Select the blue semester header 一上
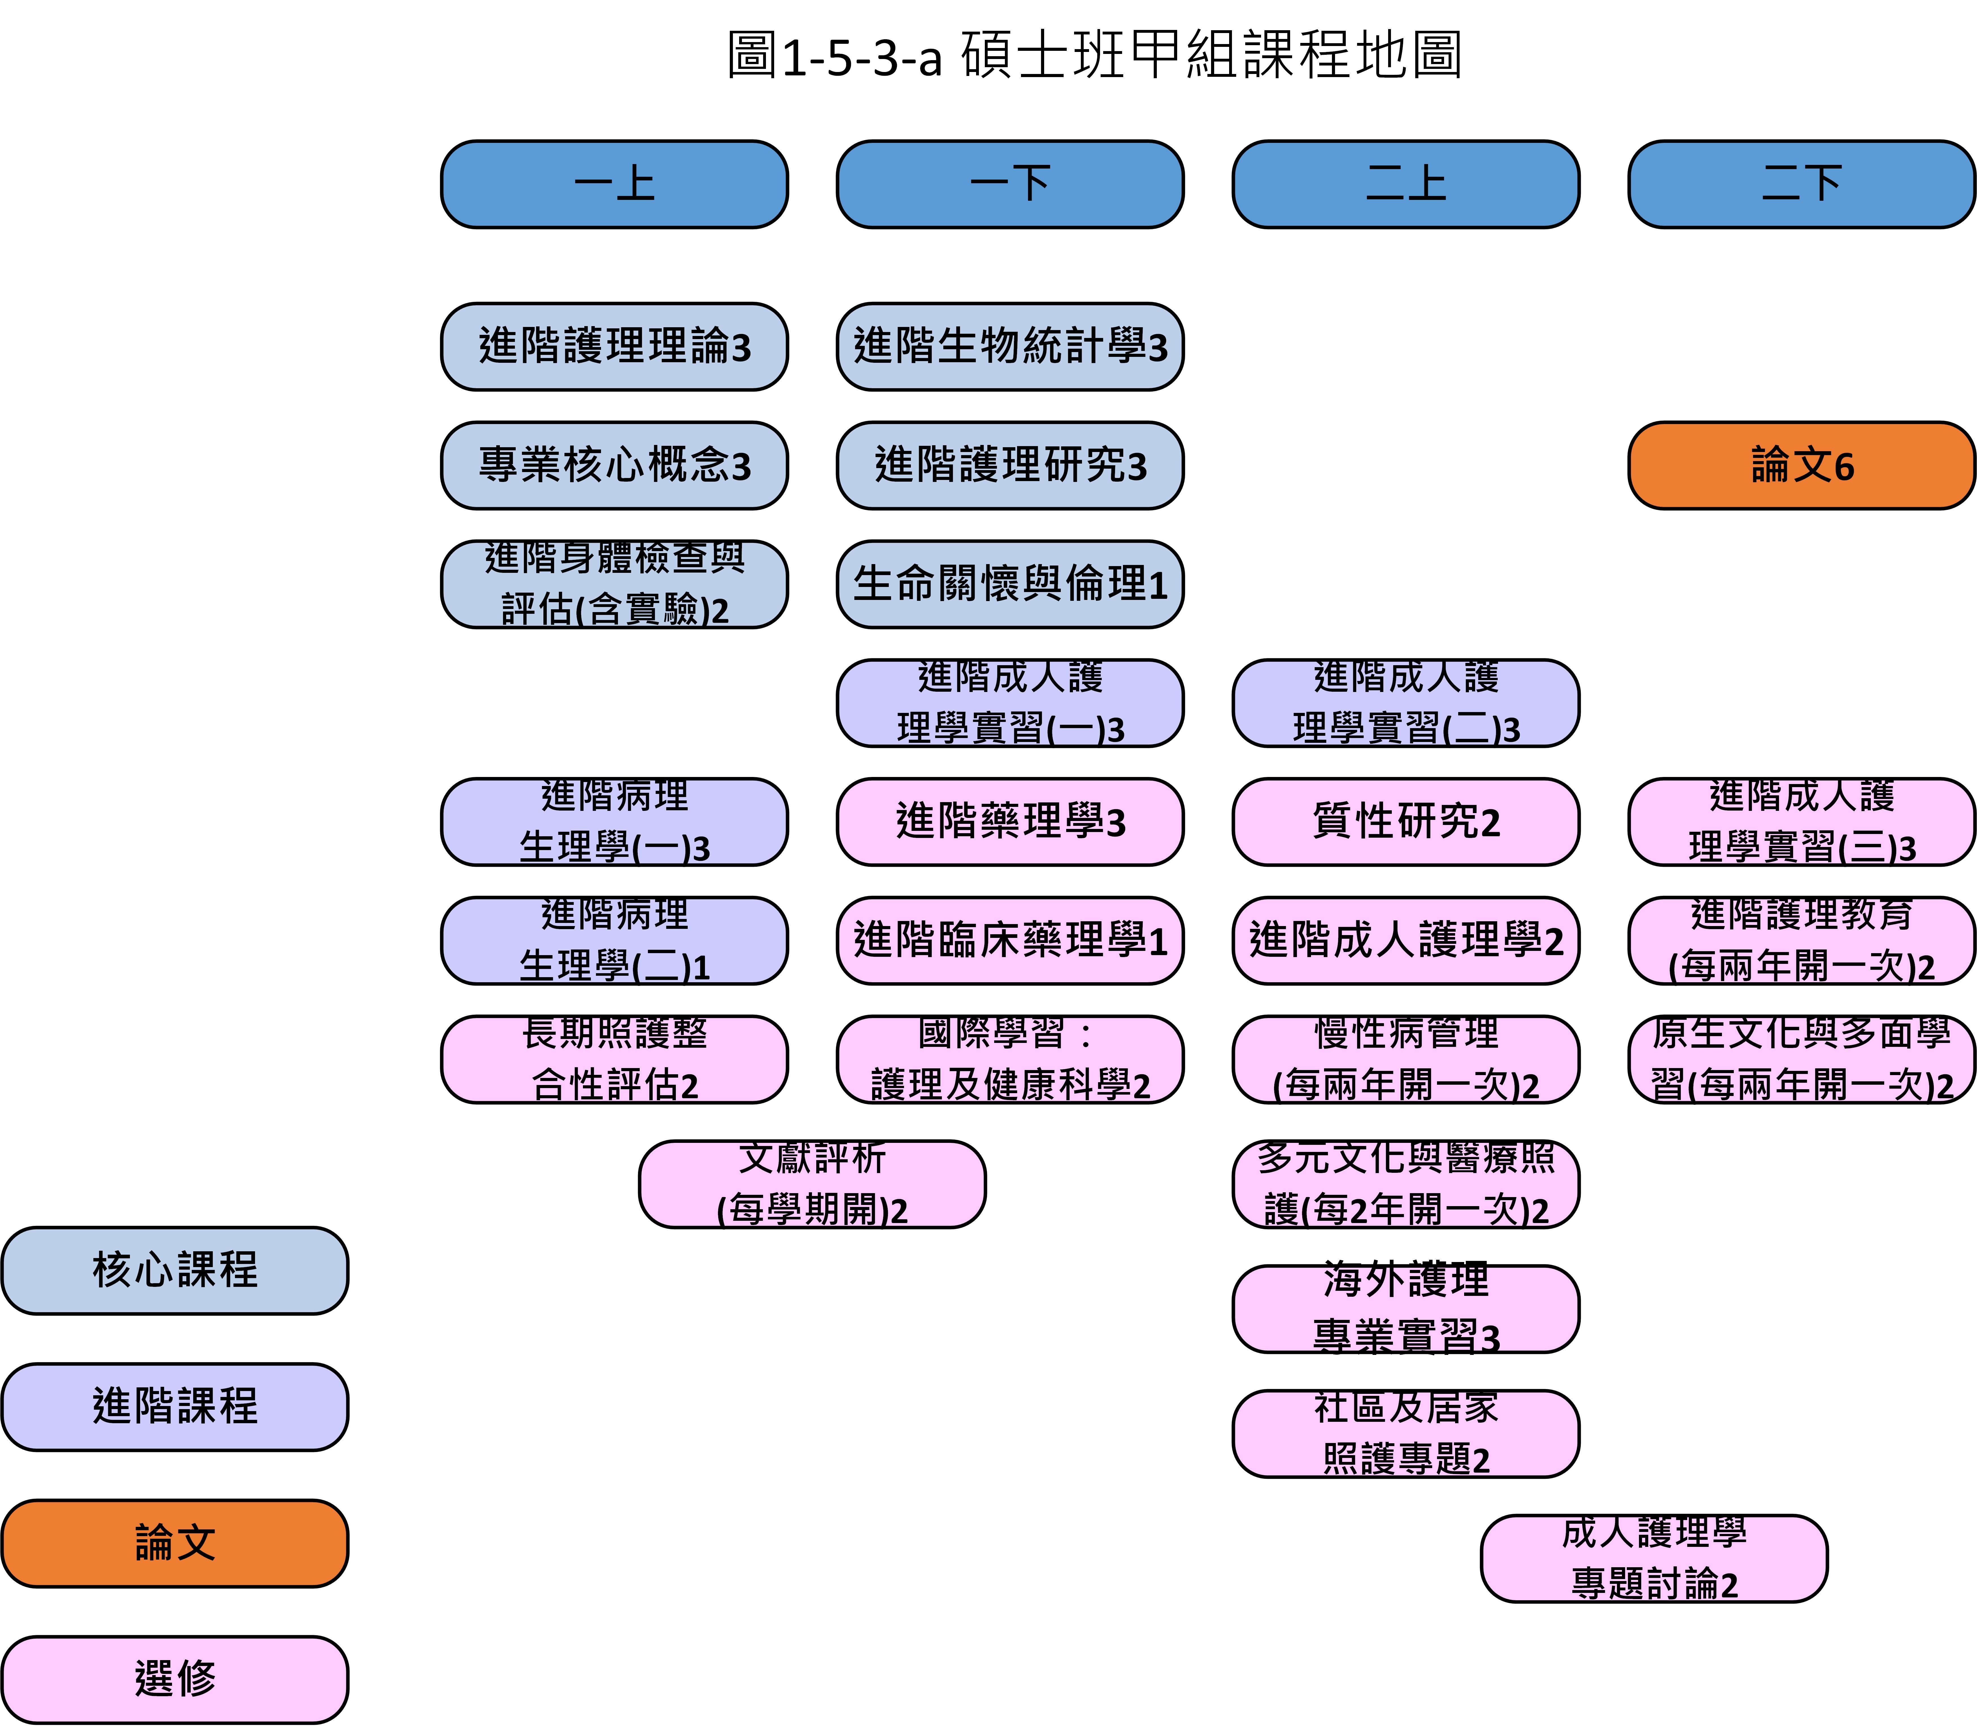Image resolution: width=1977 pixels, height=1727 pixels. click(x=614, y=184)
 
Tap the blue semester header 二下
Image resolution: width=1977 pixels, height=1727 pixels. click(x=1800, y=184)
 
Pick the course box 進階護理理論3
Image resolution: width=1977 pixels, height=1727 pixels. click(x=614, y=347)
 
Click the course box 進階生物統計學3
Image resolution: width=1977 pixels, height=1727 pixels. click(x=1009, y=347)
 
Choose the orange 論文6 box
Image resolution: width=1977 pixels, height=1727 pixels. click(x=1800, y=466)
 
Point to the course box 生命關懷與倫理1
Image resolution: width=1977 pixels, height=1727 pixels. click(x=1009, y=584)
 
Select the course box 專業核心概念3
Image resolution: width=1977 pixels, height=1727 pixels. click(x=614, y=466)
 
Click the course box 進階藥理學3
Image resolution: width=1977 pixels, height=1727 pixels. click(x=1009, y=822)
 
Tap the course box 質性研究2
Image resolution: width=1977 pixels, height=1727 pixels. click(x=1405, y=822)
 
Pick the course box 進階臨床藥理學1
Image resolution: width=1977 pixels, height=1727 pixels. click(x=1009, y=941)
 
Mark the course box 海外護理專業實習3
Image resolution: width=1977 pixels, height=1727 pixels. click(x=1405, y=1309)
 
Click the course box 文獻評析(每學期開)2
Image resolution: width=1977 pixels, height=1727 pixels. click(x=812, y=1184)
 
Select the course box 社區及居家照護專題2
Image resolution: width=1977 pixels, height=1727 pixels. click(x=1405, y=1433)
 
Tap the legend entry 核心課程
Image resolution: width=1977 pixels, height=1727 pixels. click(x=175, y=1270)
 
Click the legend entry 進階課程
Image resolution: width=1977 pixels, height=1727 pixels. click(x=175, y=1406)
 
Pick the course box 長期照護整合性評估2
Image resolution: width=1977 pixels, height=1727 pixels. click(x=614, y=1059)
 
